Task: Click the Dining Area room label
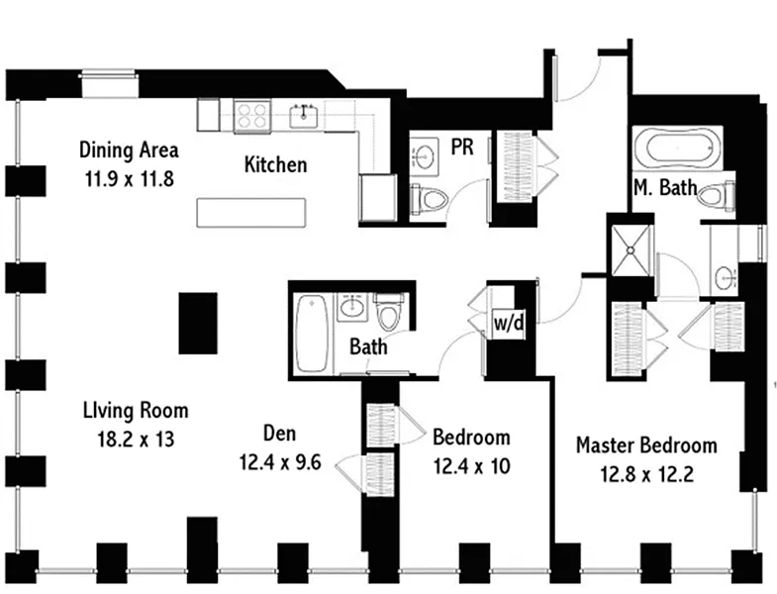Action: [x=129, y=149]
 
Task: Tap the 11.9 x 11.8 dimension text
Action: [x=130, y=178]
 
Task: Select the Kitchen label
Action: [x=275, y=164]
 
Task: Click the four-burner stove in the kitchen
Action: [x=252, y=116]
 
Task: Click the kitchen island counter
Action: [x=251, y=213]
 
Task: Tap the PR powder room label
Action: [x=462, y=148]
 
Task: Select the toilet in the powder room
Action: [x=429, y=199]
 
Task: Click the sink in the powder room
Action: [x=425, y=156]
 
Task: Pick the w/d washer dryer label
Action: [x=509, y=324]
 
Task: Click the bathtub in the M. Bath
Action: [x=676, y=145]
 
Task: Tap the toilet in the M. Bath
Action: [x=716, y=195]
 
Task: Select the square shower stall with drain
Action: [x=631, y=250]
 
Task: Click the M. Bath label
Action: [x=665, y=187]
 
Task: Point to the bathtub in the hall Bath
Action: [x=311, y=334]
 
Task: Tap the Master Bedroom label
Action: [x=646, y=445]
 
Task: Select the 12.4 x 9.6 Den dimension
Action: [x=280, y=462]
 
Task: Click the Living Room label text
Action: [x=136, y=411]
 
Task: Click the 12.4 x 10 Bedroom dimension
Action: [x=472, y=466]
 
